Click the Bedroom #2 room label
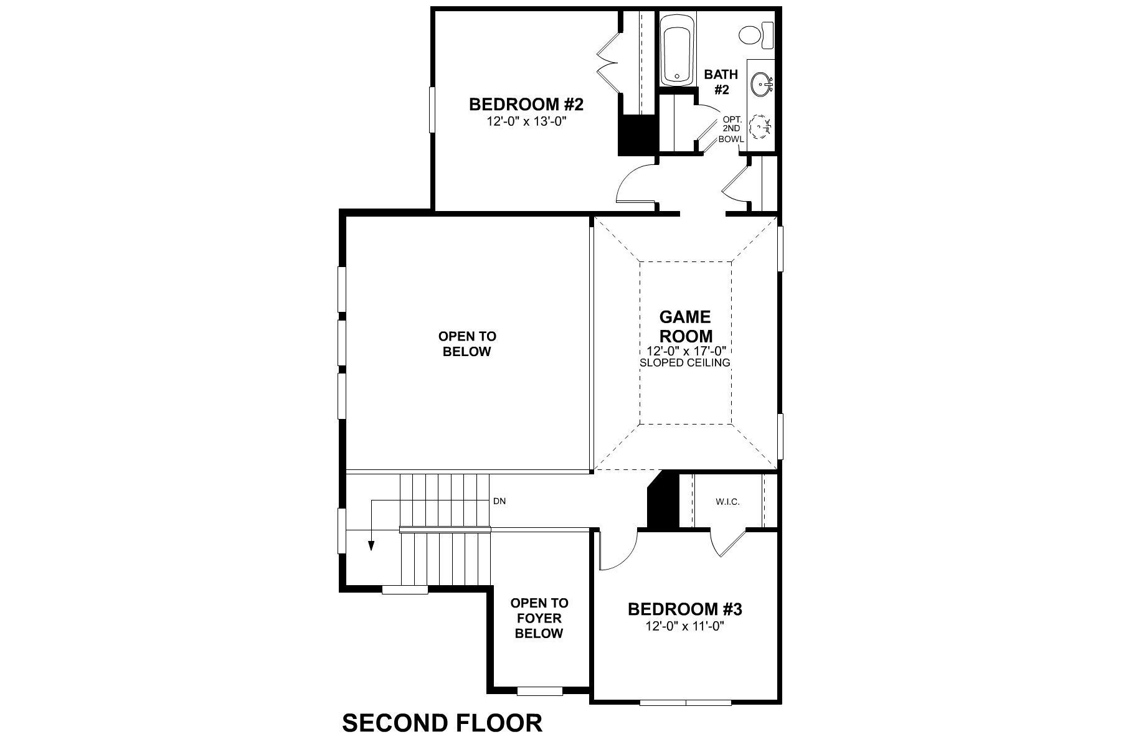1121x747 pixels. (526, 104)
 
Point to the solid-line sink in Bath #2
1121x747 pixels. (760, 83)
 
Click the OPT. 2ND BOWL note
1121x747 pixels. (732, 129)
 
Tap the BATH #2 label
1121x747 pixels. (721, 82)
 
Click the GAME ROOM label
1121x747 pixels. (685, 327)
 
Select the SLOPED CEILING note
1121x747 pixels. (685, 362)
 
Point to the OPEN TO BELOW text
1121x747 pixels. (467, 344)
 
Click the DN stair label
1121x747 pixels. (499, 500)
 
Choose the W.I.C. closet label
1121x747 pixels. (727, 502)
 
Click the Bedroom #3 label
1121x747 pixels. (684, 609)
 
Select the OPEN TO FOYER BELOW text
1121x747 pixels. (539, 618)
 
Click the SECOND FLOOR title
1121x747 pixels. (442, 723)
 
